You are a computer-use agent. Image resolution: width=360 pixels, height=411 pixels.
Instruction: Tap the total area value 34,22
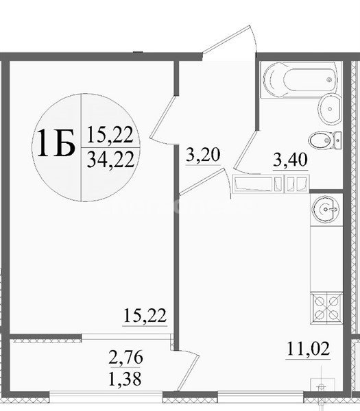110,160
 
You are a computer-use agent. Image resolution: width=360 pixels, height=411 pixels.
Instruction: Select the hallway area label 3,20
203,155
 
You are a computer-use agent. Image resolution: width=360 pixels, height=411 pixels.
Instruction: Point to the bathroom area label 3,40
290,160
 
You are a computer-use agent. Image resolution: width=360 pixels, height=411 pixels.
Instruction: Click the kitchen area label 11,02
309,349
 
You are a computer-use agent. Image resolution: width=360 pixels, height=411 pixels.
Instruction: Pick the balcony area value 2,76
125,357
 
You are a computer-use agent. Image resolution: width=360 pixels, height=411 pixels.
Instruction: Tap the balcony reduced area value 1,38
125,378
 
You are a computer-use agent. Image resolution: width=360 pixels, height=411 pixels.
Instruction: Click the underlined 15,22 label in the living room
145,316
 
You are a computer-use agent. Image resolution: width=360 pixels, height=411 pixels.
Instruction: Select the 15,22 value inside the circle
110,135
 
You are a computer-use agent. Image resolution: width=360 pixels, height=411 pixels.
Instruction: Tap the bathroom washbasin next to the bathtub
330,108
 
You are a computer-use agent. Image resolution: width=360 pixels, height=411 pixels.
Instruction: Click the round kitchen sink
325,209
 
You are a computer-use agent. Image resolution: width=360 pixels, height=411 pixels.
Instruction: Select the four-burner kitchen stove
326,308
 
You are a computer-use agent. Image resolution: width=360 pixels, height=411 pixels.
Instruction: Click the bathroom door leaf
245,151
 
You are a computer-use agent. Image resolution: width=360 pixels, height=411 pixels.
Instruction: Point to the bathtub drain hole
329,79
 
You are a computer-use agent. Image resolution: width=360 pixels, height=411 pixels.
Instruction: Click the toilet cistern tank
337,140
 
